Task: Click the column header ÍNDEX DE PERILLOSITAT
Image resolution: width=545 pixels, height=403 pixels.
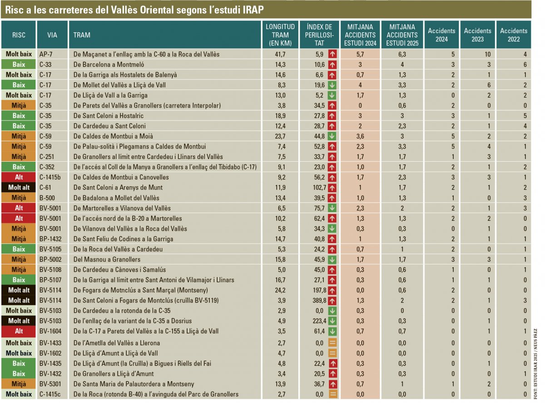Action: pos(319,35)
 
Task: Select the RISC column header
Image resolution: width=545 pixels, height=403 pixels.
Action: pos(19,35)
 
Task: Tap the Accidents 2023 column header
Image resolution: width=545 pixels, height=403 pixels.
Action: pos(477,35)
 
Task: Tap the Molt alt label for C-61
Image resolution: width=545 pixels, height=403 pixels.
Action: pos(19,187)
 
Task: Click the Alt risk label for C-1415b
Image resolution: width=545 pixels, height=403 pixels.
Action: pos(19,177)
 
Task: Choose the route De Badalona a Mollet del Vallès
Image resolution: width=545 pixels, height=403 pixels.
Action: pos(116,198)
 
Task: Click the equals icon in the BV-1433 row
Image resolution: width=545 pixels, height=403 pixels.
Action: pos(332,343)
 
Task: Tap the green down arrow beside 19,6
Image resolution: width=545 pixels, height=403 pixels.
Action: pos(332,85)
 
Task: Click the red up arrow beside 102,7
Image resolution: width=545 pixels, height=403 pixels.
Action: pos(332,187)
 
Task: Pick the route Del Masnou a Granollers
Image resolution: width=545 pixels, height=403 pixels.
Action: pos(107,259)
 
